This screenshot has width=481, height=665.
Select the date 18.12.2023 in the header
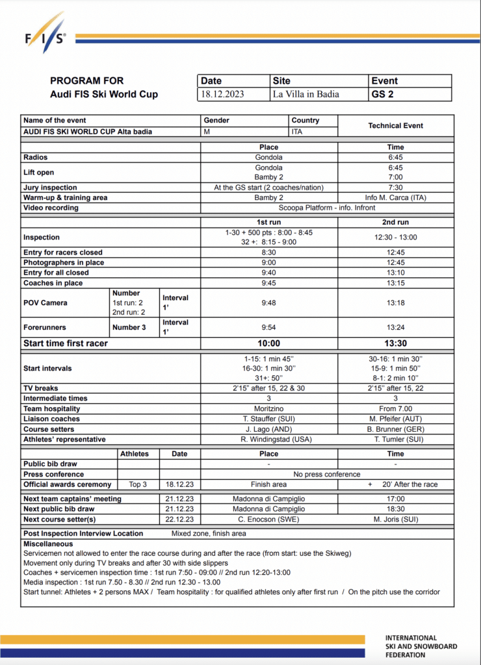pyautogui.click(x=222, y=94)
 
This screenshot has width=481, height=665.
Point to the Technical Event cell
pyautogui.click(x=395, y=125)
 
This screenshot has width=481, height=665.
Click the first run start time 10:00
pyautogui.click(x=268, y=344)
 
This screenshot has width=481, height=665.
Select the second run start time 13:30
pyautogui.click(x=395, y=344)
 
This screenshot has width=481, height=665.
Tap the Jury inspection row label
pyautogui.click(x=50, y=188)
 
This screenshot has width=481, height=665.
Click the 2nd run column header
pyautogui.click(x=395, y=222)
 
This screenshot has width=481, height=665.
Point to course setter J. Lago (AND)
pyautogui.click(x=268, y=429)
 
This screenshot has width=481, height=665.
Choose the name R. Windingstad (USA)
pyautogui.click(x=268, y=440)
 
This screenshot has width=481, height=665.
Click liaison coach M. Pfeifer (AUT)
pyautogui.click(x=395, y=419)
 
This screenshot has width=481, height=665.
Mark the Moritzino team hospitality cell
pyautogui.click(x=268, y=408)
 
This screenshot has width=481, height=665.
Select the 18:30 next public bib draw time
pyautogui.click(x=395, y=509)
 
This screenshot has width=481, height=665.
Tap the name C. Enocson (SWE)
pyautogui.click(x=268, y=520)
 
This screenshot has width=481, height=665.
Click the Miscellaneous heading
pyautogui.click(x=49, y=544)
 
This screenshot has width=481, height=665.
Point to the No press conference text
pyautogui.click(x=326, y=474)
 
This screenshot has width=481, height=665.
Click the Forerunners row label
pyautogui.click(x=45, y=327)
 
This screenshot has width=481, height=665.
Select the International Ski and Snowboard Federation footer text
pyautogui.click(x=421, y=646)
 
